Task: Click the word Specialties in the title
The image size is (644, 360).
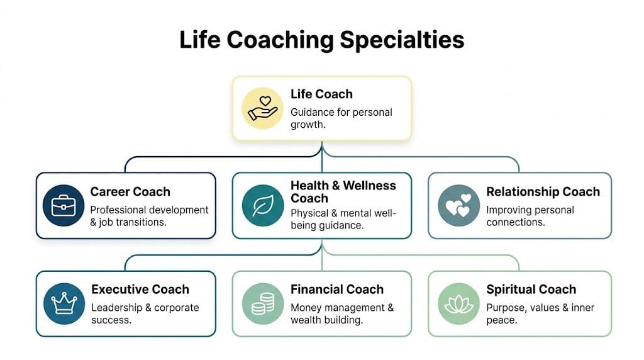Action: [402, 40]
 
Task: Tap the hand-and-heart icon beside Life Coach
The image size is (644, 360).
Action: [263, 108]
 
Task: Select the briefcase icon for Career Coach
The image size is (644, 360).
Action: [64, 206]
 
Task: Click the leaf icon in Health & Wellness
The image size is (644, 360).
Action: [262, 206]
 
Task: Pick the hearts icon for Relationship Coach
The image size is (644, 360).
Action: [458, 206]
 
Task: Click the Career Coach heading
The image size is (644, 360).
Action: [130, 191]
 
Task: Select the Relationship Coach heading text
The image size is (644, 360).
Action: [543, 191]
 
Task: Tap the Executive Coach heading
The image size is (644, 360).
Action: [140, 290]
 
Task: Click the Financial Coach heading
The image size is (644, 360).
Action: [336, 290]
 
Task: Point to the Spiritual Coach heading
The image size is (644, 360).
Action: [531, 290]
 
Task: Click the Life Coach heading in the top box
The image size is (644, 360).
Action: [321, 94]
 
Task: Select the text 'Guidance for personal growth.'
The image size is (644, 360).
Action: [341, 118]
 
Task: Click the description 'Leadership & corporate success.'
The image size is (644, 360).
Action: [145, 313]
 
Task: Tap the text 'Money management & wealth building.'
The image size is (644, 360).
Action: [341, 313]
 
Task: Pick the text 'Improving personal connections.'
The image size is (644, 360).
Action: [530, 216]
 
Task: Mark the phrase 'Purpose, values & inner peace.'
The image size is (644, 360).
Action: [540, 313]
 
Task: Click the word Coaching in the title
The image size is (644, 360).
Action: [281, 40]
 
